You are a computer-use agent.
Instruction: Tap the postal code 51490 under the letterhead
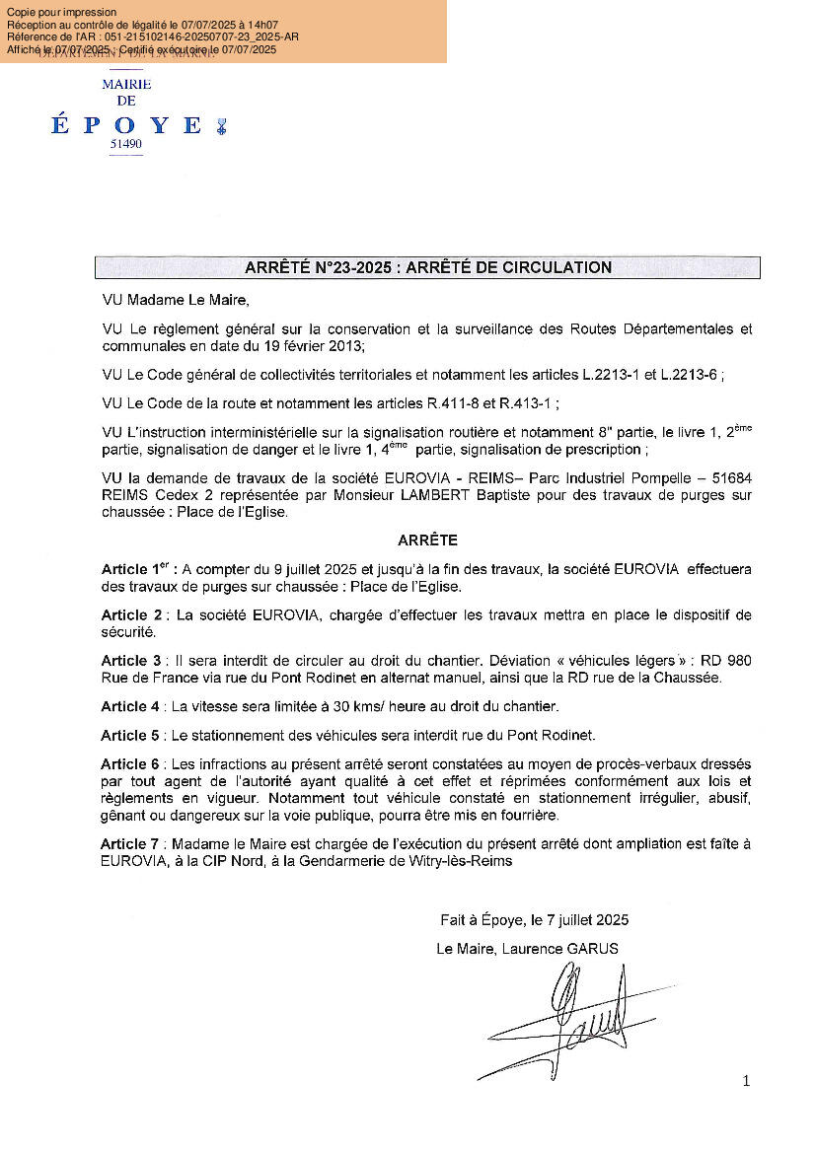point(126,144)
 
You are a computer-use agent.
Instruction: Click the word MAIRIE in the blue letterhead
point(126,84)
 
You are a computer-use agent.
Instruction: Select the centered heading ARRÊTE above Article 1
point(427,540)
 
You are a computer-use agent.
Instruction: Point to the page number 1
point(746,1081)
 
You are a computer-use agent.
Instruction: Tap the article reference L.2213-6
point(688,375)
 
